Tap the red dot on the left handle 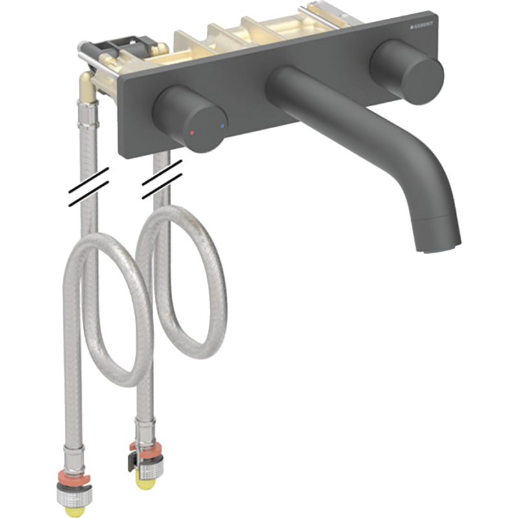pyautogui.click(x=192, y=133)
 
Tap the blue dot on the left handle pyautogui.click(x=222, y=126)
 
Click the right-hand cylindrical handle pyautogui.click(x=407, y=71)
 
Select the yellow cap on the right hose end pyautogui.click(x=144, y=484)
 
